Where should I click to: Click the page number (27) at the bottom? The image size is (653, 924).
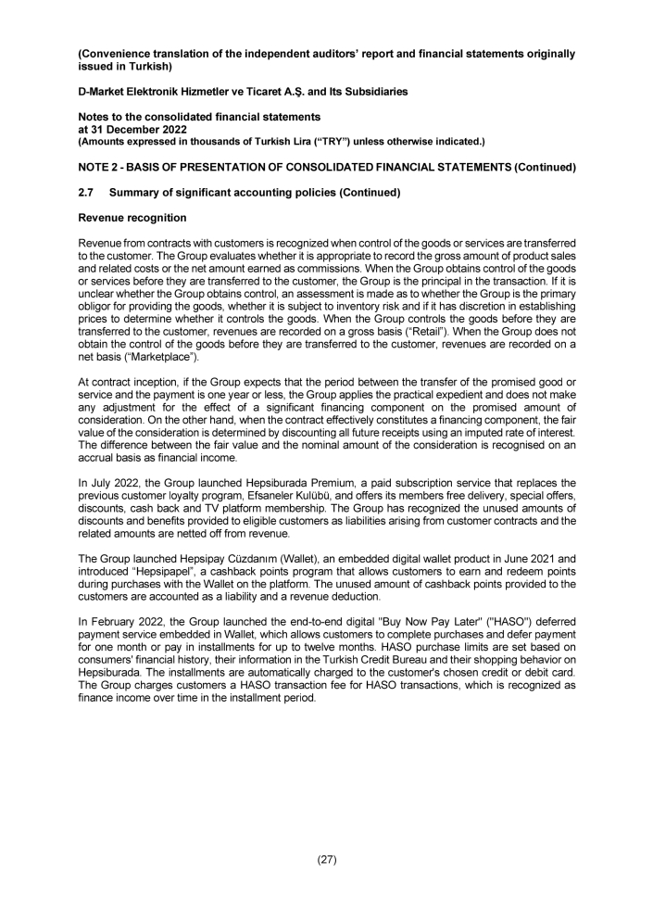tap(326, 859)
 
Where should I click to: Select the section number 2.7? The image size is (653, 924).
tap(86, 192)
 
